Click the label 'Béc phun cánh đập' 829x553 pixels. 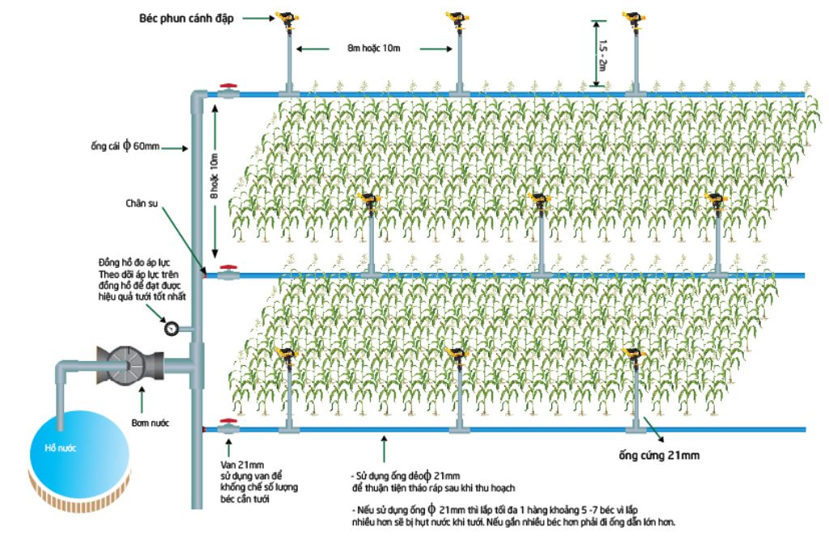click(185, 18)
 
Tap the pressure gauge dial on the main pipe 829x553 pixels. click(172, 329)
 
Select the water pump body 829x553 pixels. click(130, 364)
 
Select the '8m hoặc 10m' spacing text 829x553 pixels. click(374, 49)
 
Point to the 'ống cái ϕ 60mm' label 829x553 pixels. click(125, 147)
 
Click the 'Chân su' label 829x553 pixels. click(142, 202)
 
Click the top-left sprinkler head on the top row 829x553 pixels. click(287, 18)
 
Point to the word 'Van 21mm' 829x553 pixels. click(239, 466)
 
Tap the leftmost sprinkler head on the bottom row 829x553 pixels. click(287, 353)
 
